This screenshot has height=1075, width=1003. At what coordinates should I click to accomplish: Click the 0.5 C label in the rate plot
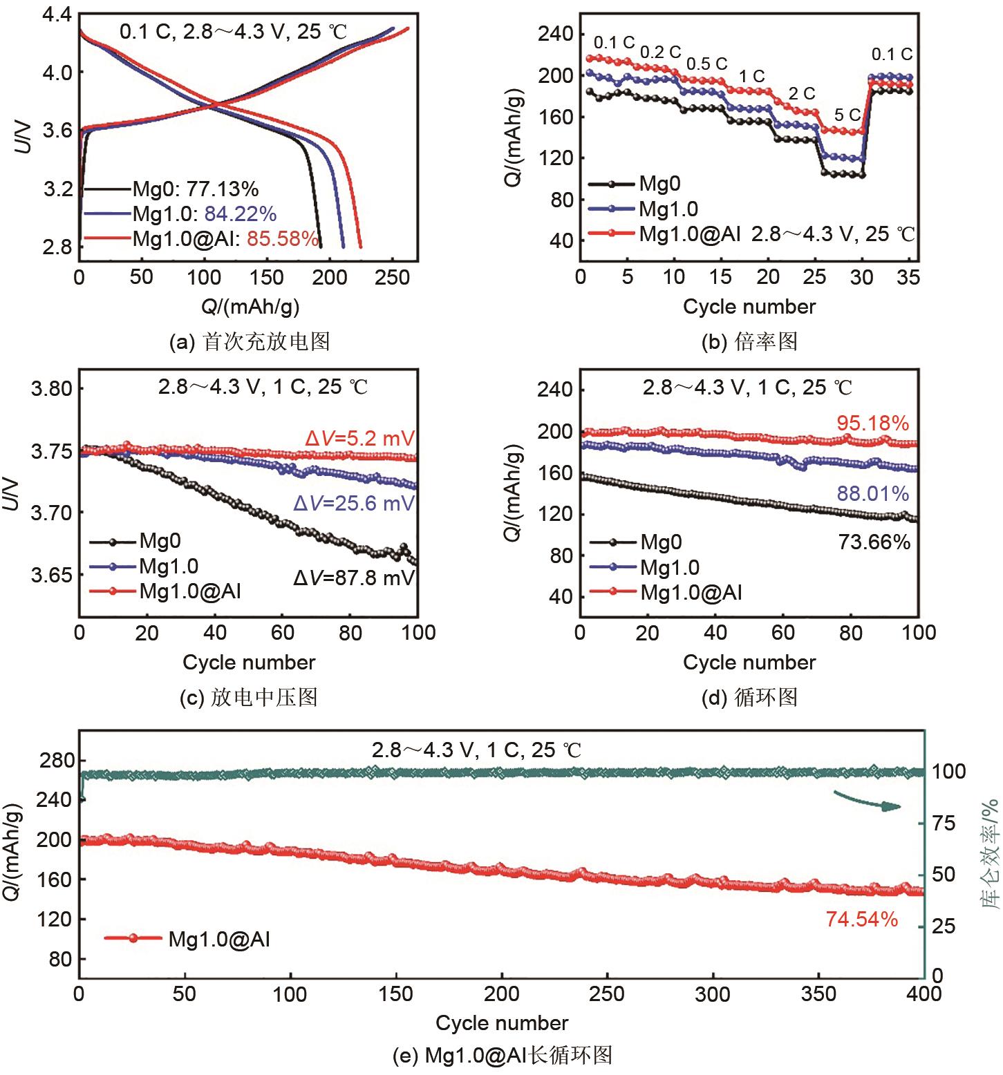point(706,64)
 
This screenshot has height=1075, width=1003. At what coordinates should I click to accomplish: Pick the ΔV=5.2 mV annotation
point(360,439)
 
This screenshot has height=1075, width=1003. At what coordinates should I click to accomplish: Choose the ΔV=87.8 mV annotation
point(354,578)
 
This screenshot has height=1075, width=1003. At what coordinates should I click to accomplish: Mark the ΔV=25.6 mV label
point(354,504)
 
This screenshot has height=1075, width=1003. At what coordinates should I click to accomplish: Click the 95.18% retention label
point(872,423)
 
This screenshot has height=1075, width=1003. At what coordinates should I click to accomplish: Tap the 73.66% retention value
point(874,542)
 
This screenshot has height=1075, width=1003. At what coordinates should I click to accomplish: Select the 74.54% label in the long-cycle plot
point(861,920)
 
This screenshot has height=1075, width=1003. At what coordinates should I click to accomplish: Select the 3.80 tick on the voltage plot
point(52,388)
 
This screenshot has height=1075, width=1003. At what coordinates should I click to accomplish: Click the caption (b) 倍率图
point(749,341)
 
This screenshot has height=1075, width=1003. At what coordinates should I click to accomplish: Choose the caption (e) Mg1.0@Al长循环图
point(502,1055)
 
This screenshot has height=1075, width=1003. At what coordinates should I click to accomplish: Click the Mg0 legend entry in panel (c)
point(160,541)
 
